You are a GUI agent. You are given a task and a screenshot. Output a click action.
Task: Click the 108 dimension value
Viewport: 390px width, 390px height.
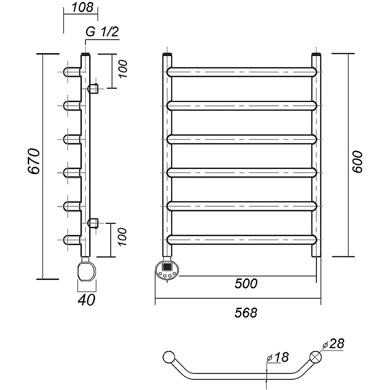click(x=82, y=8)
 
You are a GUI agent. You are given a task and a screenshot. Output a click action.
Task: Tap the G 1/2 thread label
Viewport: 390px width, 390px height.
click(x=102, y=32)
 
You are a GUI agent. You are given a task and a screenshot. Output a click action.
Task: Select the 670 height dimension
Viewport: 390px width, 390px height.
click(x=33, y=161)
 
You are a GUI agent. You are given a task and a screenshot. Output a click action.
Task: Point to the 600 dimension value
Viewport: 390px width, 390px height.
click(x=357, y=161)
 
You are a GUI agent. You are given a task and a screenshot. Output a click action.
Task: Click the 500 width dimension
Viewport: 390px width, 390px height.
click(x=246, y=283)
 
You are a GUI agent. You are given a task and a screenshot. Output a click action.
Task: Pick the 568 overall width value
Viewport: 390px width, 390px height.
click(x=246, y=312)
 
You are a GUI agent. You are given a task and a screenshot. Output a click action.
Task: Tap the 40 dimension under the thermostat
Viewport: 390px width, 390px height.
click(x=86, y=300)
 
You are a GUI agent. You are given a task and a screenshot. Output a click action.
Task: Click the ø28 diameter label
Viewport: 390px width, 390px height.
click(x=333, y=344)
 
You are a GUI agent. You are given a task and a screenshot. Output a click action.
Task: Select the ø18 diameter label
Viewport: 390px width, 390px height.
click(x=277, y=357)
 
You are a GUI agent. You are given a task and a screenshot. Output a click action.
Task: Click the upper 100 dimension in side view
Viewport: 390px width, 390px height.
click(x=122, y=69)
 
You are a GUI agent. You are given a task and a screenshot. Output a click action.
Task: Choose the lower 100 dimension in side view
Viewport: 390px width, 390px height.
click(x=122, y=237)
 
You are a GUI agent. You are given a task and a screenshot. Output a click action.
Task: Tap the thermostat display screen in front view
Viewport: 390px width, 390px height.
click(x=166, y=267)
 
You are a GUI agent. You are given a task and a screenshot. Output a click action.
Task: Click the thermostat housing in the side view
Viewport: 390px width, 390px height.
click(x=87, y=271)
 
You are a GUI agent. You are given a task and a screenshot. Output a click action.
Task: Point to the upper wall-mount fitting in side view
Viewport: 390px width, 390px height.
click(x=93, y=88)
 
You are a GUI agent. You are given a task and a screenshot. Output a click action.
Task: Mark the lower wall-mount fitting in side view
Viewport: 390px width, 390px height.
click(x=93, y=223)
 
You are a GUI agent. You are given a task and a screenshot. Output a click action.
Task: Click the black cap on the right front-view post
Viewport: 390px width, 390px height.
click(x=316, y=54)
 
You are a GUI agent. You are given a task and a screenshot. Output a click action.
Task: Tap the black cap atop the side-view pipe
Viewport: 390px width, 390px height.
click(x=85, y=54)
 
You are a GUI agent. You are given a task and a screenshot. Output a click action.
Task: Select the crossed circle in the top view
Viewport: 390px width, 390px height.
click(x=315, y=357)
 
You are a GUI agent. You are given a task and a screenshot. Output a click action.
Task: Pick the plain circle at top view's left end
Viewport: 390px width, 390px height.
click(x=169, y=357)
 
